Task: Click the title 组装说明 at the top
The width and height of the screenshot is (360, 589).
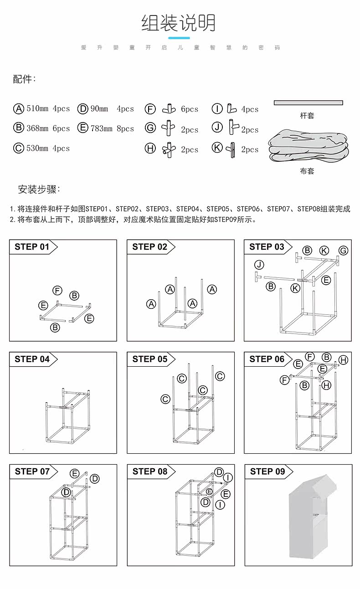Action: pyautogui.click(x=179, y=23)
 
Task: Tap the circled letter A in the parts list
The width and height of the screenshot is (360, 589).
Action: pyautogui.click(x=19, y=109)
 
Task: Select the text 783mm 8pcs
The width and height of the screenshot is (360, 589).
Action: pyautogui.click(x=112, y=128)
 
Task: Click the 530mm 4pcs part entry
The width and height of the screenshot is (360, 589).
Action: pyautogui.click(x=48, y=148)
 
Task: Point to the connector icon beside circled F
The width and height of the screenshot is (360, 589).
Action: pyautogui.click(x=168, y=109)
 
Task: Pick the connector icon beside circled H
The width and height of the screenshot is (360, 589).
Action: pyautogui.click(x=168, y=149)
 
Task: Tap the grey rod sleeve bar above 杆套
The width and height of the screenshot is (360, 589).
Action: pyautogui.click(x=308, y=102)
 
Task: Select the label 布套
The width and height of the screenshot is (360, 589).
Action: pyautogui.click(x=307, y=171)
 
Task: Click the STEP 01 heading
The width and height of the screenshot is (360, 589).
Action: pyautogui.click(x=32, y=247)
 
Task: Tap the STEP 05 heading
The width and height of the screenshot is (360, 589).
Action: pyautogui.click(x=150, y=359)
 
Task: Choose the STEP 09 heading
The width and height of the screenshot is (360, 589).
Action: pyautogui.click(x=267, y=471)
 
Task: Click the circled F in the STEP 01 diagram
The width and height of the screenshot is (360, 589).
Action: pyautogui.click(x=57, y=291)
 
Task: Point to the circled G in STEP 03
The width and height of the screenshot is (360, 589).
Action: pyautogui.click(x=343, y=251)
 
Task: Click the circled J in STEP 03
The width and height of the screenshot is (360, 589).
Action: pyautogui.click(x=259, y=265)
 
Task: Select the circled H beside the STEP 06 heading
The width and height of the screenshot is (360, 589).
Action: pyautogui.click(x=343, y=360)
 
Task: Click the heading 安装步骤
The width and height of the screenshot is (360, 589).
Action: pyautogui.click(x=39, y=190)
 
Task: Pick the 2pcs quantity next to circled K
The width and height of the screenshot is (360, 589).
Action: pyautogui.click(x=250, y=149)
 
